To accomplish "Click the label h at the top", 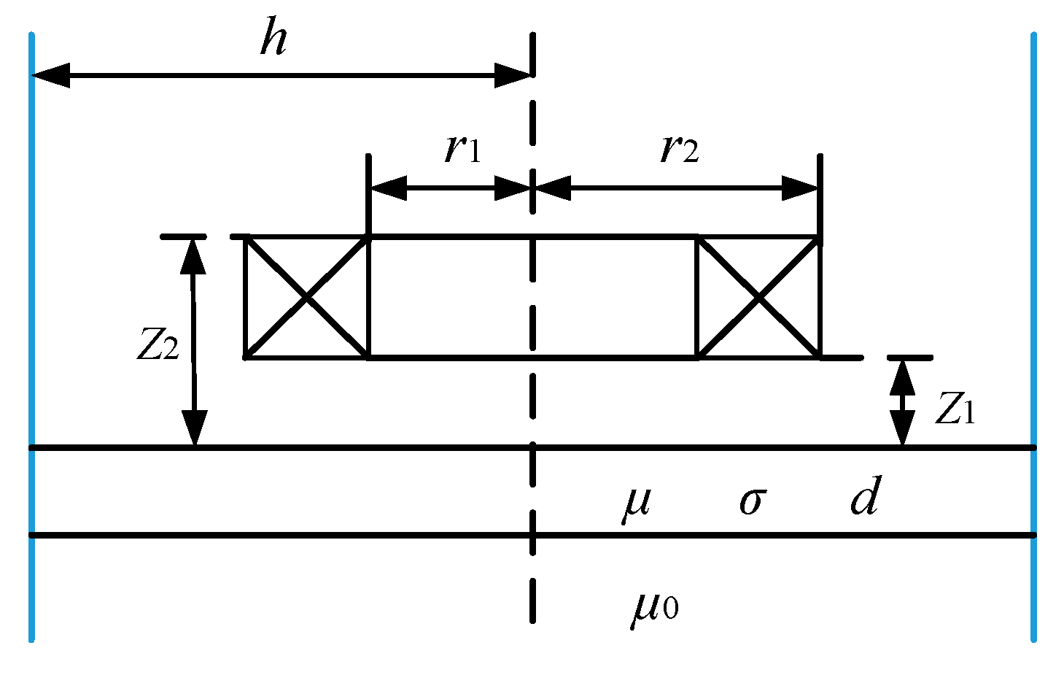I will point(273,39).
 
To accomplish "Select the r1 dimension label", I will point(463,149).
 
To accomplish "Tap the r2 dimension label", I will point(679,149).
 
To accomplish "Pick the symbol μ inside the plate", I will point(636,502).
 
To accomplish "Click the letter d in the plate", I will point(866,497).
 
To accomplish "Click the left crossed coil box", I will point(307,298).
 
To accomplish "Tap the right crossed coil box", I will point(759,298).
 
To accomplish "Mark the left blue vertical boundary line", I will point(31,336).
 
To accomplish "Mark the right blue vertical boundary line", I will point(1033,336).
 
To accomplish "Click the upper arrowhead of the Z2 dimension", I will point(193,255).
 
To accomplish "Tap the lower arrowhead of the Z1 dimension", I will point(903,429).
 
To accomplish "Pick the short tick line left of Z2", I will point(183,236).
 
